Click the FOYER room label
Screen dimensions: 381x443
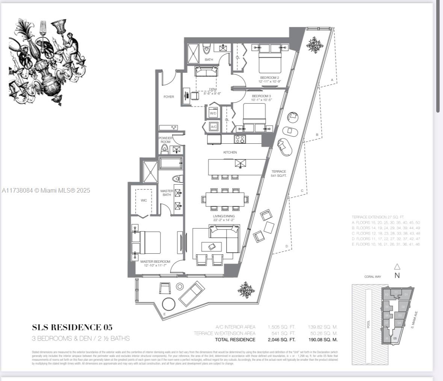tap(169, 97)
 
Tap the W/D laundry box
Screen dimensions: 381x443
tap(213, 113)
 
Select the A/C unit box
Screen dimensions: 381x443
tap(213, 127)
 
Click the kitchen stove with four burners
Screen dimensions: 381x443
tap(240, 139)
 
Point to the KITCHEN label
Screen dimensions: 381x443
tap(230, 152)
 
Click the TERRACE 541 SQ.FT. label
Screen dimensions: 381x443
tap(279, 173)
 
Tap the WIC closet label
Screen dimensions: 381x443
tap(144, 200)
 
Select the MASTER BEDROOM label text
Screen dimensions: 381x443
tap(155, 262)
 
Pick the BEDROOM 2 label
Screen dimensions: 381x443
tap(269, 78)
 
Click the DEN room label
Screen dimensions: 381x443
tap(212, 89)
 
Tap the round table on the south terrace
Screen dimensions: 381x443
tap(168, 304)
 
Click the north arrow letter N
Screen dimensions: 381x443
tap(397, 275)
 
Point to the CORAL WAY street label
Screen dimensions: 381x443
tap(372, 277)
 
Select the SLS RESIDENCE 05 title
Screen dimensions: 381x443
tap(72, 327)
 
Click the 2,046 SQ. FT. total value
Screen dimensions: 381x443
tap(281, 339)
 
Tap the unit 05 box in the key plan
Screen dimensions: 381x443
tap(395, 338)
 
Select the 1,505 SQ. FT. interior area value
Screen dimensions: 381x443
tap(281, 327)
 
